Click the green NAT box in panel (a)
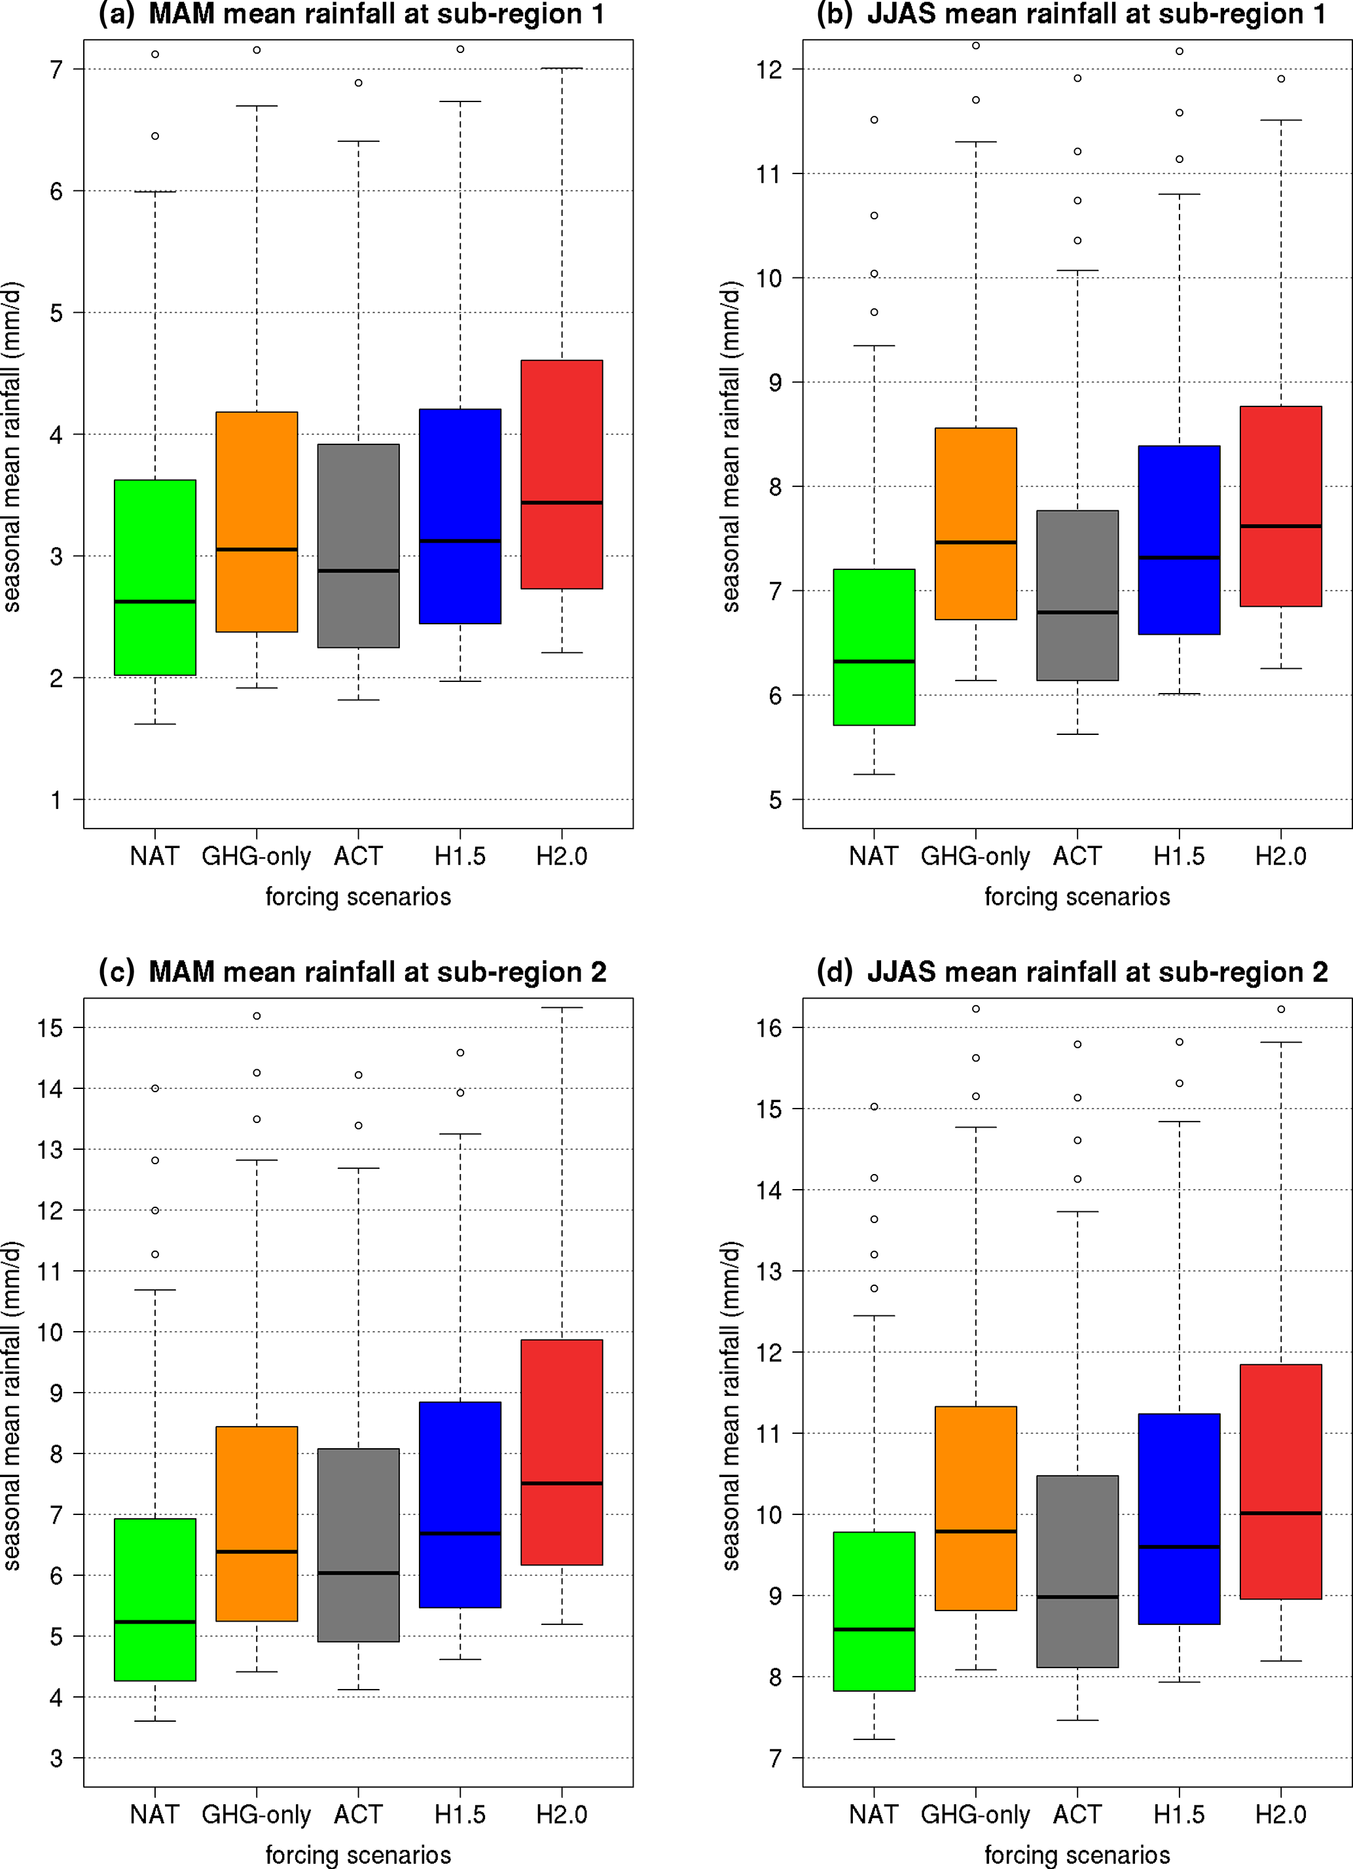155,577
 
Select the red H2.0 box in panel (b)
1280,506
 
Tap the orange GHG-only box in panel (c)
257,1523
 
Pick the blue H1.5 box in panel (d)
1179,1518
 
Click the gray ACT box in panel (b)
1077,595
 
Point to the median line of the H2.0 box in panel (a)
562,503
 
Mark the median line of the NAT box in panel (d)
874,1629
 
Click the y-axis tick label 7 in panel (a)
56,70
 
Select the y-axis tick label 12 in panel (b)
768,70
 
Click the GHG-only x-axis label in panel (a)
257,856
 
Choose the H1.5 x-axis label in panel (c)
460,1814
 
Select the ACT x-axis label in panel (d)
1077,1814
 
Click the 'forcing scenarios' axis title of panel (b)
1077,897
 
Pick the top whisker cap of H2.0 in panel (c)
562,1007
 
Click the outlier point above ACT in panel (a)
358,83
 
